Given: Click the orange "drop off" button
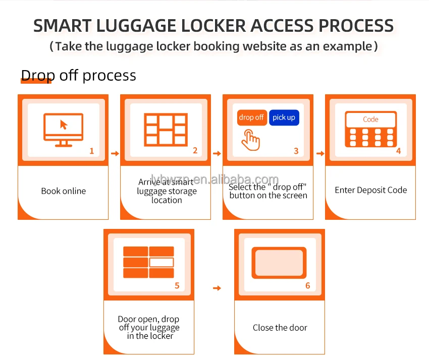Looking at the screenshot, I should coord(252,117).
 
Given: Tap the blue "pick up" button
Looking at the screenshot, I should coord(284,117).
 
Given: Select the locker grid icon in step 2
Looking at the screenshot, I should coord(165,130).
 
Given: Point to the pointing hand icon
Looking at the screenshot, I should coord(250,140).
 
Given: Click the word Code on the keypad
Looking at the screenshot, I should coord(370,119).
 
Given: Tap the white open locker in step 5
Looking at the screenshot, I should coord(162,262).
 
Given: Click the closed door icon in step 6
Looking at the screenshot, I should coord(280,263).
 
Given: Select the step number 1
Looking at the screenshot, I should coord(91,151).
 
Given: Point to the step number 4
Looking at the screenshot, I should coord(398,151).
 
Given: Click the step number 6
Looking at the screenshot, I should coord(307,285).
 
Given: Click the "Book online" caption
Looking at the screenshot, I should coord(63,191).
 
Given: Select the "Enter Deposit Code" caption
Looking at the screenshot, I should coord(370,190).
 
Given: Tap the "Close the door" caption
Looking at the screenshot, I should coord(280,328).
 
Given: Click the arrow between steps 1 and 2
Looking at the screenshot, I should coord(115,154).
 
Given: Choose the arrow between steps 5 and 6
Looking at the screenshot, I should coord(217,288).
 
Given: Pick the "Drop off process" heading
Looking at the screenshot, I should coord(78,76).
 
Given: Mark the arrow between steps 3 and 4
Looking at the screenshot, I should coord(319,154).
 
